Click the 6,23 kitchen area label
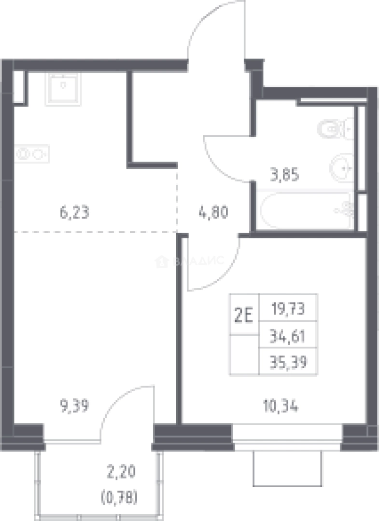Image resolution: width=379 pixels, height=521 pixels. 75,213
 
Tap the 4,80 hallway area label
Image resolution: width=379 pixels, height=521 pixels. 213,213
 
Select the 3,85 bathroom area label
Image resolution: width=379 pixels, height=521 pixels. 284,175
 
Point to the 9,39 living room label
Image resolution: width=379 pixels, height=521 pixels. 74,406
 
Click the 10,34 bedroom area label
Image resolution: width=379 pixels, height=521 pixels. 281,406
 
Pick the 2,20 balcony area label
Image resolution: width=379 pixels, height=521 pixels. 121,472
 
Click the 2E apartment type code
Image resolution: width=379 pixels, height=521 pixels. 244,315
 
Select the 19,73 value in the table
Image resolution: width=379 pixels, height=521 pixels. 288,309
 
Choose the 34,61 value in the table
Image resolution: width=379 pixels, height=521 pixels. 288,337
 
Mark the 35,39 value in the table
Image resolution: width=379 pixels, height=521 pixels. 288,362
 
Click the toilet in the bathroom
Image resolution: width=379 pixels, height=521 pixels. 335,128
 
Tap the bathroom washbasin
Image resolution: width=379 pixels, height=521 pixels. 341,168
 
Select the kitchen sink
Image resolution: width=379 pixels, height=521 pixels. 63,88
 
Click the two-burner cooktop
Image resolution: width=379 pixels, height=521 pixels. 32,154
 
